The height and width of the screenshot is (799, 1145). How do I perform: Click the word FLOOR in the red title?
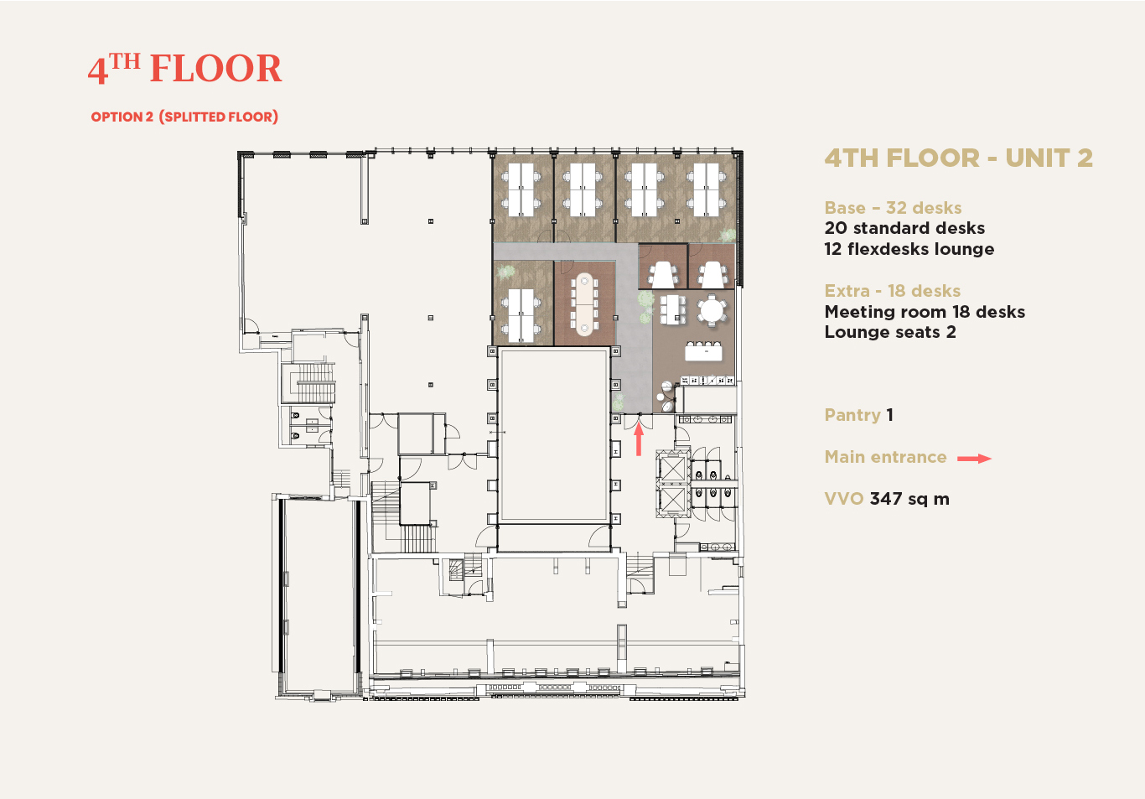coord(215,69)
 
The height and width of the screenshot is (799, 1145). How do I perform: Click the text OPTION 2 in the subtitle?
coord(122,117)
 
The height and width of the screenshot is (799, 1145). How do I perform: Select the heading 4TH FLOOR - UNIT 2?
coord(958,158)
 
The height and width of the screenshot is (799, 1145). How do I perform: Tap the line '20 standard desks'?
coord(904,228)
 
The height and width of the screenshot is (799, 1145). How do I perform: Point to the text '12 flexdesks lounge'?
coord(909,249)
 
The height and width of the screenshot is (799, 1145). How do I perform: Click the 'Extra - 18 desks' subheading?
coord(893,291)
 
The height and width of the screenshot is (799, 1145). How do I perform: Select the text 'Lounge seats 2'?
coord(890,332)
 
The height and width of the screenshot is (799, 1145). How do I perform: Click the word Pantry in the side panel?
coord(852,415)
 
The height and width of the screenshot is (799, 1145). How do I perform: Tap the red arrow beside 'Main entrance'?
coord(974,459)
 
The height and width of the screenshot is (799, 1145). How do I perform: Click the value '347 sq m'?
coord(909,499)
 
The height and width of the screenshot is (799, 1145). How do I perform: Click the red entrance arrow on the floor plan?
coord(639,439)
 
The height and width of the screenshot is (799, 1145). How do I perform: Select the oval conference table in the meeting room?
coord(584,304)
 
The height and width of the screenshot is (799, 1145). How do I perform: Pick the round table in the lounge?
coord(711,310)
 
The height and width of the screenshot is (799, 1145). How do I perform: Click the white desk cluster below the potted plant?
coord(521,315)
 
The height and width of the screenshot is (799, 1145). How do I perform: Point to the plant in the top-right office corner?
coord(728,236)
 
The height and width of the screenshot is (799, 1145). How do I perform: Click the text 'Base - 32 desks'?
coord(893,208)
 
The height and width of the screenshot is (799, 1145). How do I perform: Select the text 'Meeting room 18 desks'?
coord(925,312)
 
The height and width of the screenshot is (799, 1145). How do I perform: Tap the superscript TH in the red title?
coord(125,61)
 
